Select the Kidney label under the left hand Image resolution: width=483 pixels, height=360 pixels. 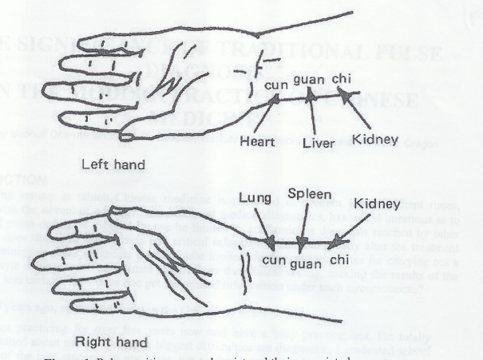click(x=376, y=140)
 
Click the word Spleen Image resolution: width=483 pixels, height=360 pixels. click(x=304, y=194)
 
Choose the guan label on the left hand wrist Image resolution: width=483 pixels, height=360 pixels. click(x=308, y=80)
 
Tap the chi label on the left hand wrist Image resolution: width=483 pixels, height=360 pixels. click(x=341, y=78)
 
